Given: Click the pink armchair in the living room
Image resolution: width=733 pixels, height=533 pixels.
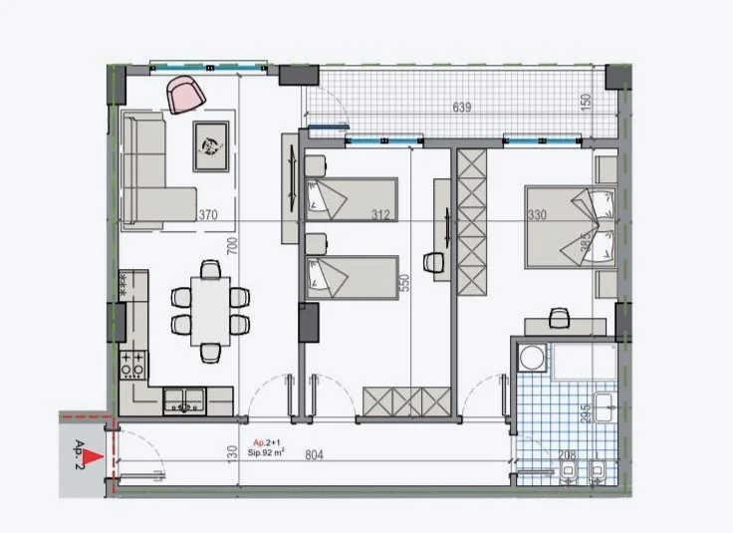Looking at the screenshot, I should [x=185, y=94].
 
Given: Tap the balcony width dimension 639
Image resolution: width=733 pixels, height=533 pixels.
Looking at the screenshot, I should [x=461, y=108].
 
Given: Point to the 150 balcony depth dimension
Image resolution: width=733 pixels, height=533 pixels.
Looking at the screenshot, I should [x=586, y=102].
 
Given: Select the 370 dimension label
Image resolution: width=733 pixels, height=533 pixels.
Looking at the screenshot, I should [x=207, y=215].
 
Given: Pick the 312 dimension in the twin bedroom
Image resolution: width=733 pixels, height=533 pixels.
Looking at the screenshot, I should [x=380, y=215].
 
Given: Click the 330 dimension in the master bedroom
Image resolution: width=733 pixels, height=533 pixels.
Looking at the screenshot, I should [x=538, y=215].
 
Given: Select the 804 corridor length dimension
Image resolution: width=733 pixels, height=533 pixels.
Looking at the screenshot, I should [x=315, y=455].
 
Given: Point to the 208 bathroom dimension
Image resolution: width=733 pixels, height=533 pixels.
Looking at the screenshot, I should [x=566, y=455].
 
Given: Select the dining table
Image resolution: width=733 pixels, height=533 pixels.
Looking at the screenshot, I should [x=209, y=310].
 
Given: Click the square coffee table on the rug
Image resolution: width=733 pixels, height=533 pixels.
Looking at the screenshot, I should [x=211, y=145].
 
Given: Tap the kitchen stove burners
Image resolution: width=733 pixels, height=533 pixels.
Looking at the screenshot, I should [x=132, y=364].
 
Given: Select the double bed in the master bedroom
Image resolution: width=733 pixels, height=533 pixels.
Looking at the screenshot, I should [x=570, y=225].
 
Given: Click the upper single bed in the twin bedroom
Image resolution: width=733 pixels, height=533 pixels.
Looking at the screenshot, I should [x=352, y=199].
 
